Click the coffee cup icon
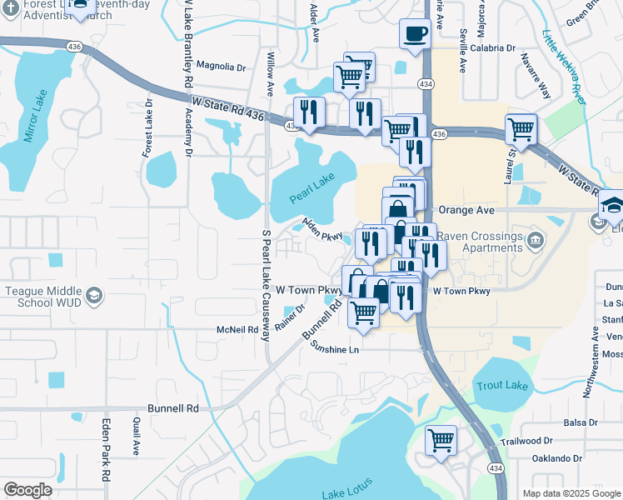(415, 34)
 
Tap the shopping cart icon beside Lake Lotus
(441, 439)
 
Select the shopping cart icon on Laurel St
(521, 129)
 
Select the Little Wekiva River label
(564, 65)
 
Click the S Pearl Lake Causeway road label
(267, 283)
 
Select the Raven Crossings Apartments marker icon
(534, 241)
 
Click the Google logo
(28, 490)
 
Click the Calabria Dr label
(491, 47)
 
